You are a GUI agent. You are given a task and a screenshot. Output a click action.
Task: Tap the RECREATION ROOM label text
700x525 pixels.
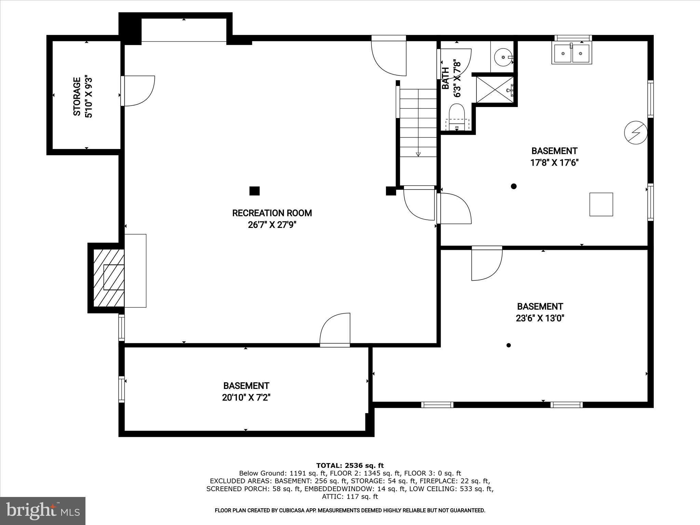272,213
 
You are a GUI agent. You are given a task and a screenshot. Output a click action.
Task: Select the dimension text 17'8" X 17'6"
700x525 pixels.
554,163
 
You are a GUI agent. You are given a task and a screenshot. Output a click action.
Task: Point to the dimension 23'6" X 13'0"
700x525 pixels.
540,318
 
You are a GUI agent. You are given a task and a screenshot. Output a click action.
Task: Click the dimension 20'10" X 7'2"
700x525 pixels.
246,398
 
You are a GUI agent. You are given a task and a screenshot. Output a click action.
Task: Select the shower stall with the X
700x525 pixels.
495,90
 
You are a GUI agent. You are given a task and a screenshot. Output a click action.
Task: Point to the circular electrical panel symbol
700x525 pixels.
636,133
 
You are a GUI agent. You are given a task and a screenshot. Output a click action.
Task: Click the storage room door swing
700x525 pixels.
138,91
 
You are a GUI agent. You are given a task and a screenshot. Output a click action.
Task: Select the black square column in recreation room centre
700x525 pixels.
254,191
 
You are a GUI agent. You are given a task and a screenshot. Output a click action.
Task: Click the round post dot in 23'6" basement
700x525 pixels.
509,345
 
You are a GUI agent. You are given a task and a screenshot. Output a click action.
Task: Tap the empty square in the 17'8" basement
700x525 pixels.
601,204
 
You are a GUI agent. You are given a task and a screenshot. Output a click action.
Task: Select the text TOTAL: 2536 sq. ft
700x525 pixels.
350,466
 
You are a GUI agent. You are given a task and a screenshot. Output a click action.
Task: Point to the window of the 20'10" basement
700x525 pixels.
121,389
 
